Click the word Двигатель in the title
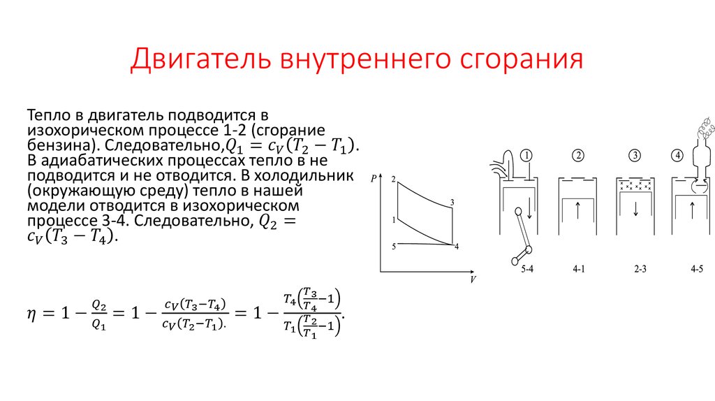201,60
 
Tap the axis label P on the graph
374,179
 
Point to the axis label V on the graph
473,279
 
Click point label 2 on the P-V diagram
394,180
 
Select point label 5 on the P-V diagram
394,246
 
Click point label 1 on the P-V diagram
394,220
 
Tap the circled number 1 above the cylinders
528,155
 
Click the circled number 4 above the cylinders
678,155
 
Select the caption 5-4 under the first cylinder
528,268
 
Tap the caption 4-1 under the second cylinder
580,268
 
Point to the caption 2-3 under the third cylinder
635,268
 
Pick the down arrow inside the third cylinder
635,209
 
